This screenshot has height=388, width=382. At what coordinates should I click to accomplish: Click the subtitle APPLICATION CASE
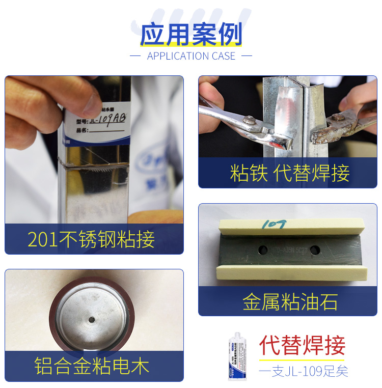[191, 56]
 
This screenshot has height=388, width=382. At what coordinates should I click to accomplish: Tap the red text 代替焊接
[302, 345]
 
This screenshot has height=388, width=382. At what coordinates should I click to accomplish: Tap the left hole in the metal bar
[263, 250]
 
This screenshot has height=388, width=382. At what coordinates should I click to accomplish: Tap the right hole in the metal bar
[315, 250]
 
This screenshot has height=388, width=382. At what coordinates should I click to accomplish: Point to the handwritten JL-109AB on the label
[107, 121]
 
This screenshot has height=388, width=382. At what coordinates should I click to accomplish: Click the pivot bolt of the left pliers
[250, 120]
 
